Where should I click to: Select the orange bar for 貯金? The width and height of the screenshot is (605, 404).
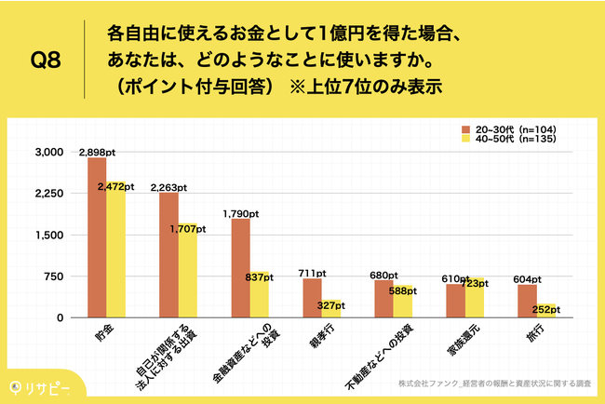(x=97, y=237)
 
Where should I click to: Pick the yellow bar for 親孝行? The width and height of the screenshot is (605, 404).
(x=329, y=308)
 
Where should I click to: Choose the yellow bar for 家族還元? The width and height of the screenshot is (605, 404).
(x=473, y=298)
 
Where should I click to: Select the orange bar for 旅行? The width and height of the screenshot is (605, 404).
(x=527, y=301)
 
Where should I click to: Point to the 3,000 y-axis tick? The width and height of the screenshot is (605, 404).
(x=49, y=152)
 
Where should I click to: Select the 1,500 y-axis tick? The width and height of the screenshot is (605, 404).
(x=49, y=235)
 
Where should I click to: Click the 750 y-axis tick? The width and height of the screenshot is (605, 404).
(x=53, y=276)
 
